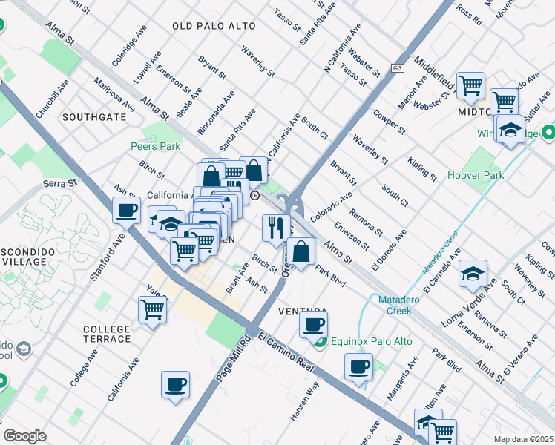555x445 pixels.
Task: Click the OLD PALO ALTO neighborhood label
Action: click(x=214, y=26)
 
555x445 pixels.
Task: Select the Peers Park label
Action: click(x=155, y=147)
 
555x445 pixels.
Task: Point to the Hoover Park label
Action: click(x=476, y=176)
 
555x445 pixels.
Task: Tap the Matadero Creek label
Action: click(x=405, y=305)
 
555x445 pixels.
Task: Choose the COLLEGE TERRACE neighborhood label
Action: click(x=107, y=334)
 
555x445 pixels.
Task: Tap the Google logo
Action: click(x=24, y=436)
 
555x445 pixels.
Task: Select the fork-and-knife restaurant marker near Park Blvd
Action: click(x=275, y=228)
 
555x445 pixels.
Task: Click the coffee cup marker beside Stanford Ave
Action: click(x=127, y=210)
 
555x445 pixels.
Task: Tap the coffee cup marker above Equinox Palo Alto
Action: click(x=314, y=323)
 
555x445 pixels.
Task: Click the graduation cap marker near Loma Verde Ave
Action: click(x=473, y=274)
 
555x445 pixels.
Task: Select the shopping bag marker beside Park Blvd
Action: click(x=301, y=251)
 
